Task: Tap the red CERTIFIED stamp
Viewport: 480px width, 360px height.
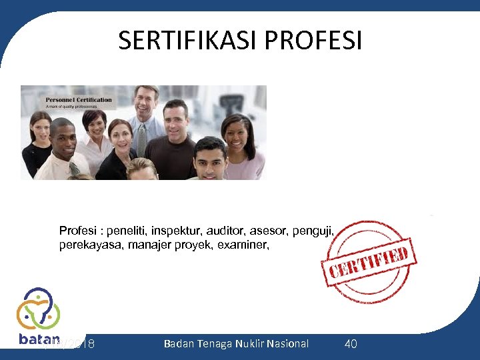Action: pos(369,262)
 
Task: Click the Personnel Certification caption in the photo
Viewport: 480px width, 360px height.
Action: pos(79,100)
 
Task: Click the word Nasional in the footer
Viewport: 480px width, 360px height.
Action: pos(288,343)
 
